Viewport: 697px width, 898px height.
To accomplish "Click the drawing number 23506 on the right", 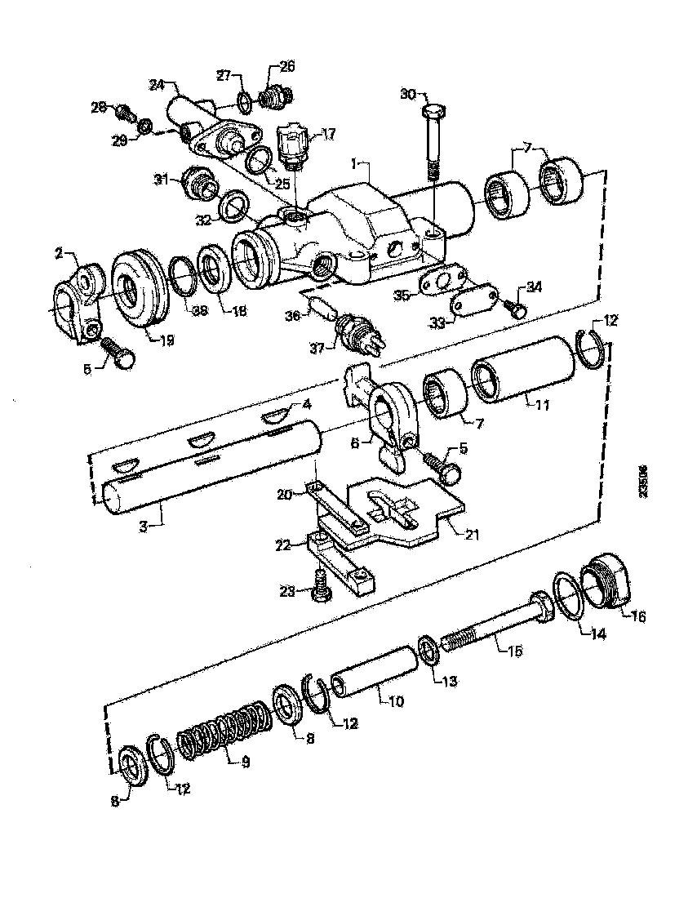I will tap(644, 482).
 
